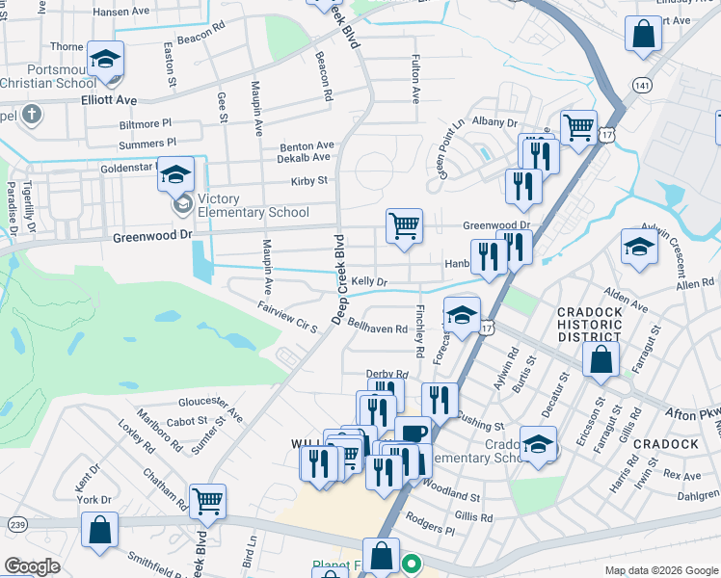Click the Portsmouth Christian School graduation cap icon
(x=105, y=59)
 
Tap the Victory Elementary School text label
(x=253, y=206)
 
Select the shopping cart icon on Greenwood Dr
(x=405, y=226)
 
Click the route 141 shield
(x=643, y=86)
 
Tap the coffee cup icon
(x=412, y=433)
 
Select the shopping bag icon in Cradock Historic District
(x=601, y=361)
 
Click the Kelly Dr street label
(x=369, y=281)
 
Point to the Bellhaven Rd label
(x=378, y=328)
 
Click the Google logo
(x=33, y=565)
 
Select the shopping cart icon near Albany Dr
(x=577, y=126)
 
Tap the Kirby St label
(x=309, y=180)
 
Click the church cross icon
(x=31, y=116)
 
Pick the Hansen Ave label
(x=122, y=13)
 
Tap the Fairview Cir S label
(x=287, y=316)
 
